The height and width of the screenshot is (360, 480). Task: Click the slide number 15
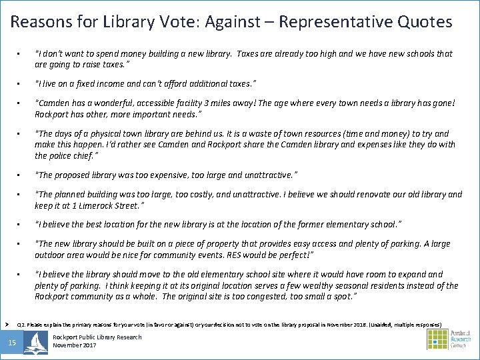(x=12, y=343)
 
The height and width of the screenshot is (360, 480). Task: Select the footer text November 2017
(x=75, y=345)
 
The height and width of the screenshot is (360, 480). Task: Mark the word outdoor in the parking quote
(x=49, y=255)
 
